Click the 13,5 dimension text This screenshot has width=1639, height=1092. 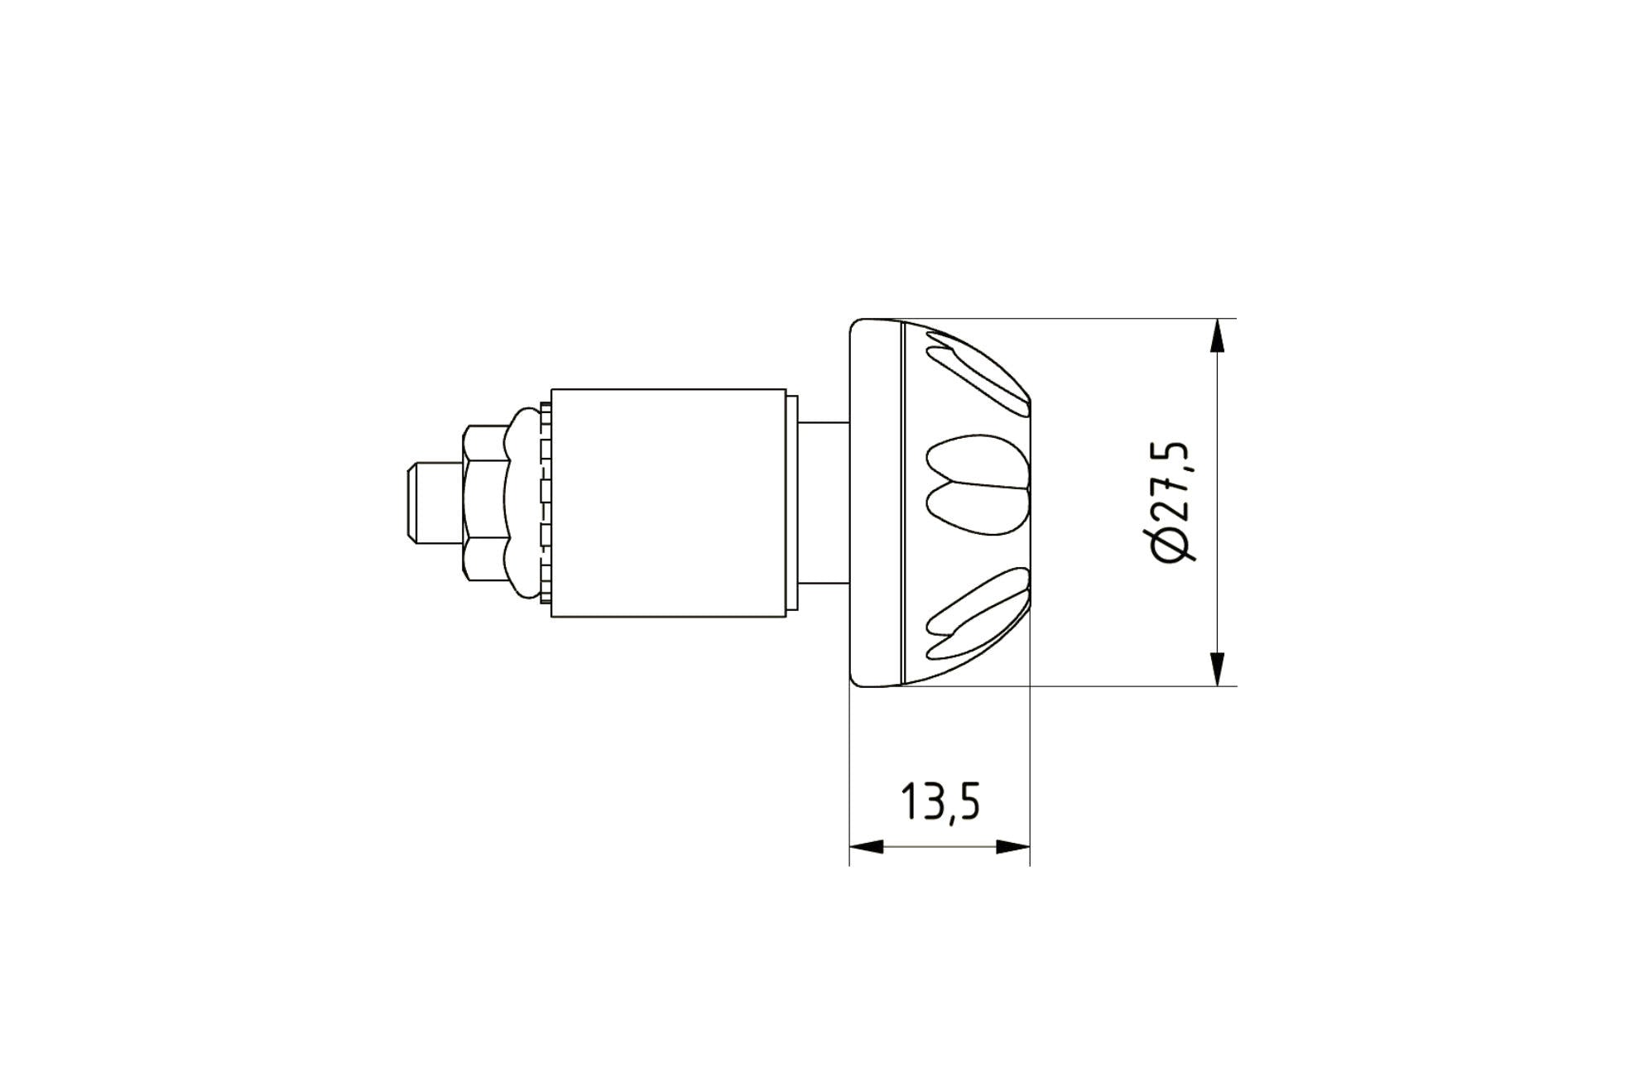[x=940, y=801]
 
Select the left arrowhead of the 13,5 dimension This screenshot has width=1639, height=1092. [x=866, y=847]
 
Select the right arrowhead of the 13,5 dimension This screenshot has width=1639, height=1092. [x=1013, y=847]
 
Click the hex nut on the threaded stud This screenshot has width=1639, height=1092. [x=485, y=503]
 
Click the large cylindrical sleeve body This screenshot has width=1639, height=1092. [x=668, y=503]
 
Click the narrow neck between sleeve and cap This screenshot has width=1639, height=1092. [x=824, y=503]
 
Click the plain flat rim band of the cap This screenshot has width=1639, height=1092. [x=876, y=503]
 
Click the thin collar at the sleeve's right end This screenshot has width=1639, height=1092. [x=792, y=503]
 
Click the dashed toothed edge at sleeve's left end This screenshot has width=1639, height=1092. [x=545, y=503]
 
